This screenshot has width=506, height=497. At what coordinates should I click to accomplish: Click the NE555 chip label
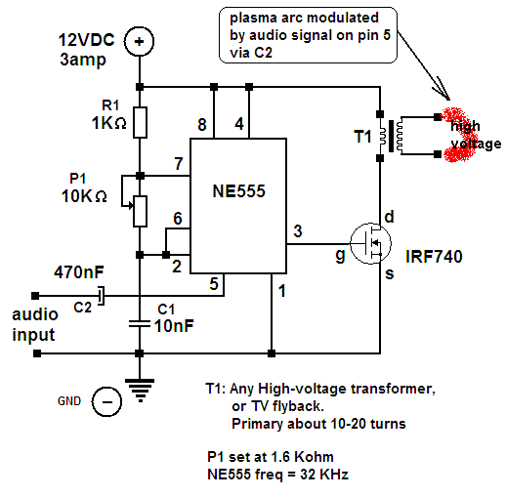click(x=238, y=191)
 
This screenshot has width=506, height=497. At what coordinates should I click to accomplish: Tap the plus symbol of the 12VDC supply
click(x=139, y=41)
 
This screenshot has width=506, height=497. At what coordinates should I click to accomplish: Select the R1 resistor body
click(x=140, y=122)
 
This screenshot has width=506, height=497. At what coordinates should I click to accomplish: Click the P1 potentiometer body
click(x=140, y=211)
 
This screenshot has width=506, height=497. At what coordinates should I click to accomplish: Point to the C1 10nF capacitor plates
click(x=140, y=324)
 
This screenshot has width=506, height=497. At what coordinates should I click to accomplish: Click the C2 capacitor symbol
click(x=102, y=296)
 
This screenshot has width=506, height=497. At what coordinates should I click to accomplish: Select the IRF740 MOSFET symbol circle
click(x=370, y=243)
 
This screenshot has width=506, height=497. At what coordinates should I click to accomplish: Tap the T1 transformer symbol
click(x=391, y=136)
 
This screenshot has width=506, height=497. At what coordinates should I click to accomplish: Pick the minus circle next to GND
click(x=106, y=401)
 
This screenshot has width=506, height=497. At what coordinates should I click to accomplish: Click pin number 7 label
click(x=179, y=163)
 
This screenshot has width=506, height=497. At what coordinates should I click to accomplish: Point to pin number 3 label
click(x=298, y=231)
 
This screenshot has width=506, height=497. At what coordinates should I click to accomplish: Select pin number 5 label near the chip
click(x=214, y=284)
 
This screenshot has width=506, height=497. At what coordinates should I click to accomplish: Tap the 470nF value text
click(x=79, y=272)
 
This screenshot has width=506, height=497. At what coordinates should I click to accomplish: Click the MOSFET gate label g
click(x=340, y=256)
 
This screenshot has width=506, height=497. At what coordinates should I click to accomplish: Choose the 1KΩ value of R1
click(x=108, y=123)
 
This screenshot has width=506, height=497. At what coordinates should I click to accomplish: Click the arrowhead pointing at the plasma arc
click(x=445, y=94)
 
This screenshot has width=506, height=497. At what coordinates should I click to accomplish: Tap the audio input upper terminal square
click(x=35, y=296)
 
